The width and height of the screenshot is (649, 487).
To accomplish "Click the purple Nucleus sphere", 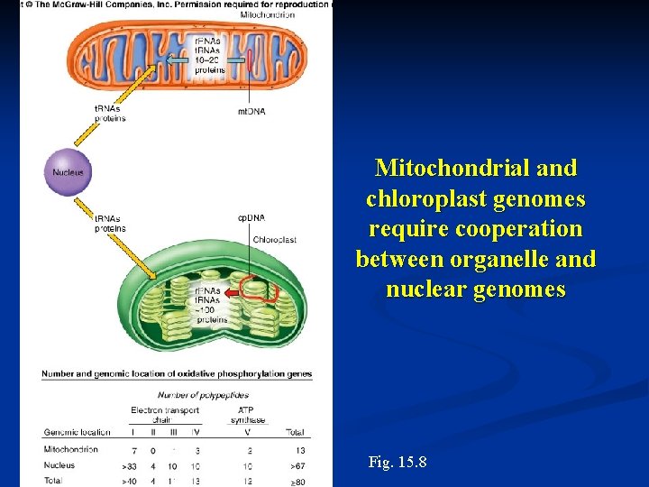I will point(69,172).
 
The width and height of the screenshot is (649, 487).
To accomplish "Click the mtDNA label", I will point(251,111).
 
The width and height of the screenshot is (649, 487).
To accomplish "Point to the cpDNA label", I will point(251,217).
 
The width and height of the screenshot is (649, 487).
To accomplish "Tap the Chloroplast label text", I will point(274,240).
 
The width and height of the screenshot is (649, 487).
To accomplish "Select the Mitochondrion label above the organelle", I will point(267,15).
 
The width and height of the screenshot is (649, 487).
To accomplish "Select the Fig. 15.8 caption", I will point(398,463).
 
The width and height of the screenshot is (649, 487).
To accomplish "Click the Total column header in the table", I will point(297,431).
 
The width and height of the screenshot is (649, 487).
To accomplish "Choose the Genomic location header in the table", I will point(77,431).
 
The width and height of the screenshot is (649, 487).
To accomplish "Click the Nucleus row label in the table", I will point(59,465).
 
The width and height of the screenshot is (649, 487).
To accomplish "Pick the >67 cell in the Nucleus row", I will point(297,465).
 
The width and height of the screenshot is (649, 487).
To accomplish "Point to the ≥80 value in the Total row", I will point(297,482).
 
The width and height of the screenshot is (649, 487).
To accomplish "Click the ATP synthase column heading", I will point(248,415).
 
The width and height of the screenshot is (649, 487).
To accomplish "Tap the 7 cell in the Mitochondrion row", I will point(134,449).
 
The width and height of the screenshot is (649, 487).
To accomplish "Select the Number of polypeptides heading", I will point(203,395).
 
